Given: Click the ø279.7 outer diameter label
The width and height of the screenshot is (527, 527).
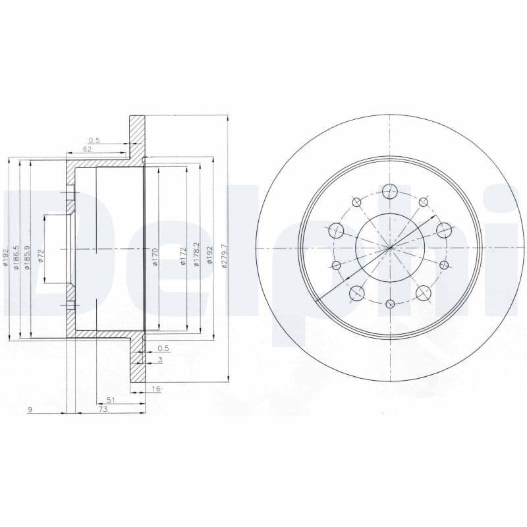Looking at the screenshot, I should (224, 255).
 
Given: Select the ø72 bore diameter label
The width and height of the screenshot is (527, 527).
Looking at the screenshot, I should (41, 255).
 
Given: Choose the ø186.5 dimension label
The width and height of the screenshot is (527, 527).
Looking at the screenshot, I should (17, 254).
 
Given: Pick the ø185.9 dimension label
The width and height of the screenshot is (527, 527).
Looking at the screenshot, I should (27, 254).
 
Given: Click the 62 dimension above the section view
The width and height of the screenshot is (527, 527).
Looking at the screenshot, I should (87, 150).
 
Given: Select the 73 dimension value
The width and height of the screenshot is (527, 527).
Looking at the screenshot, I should (103, 410).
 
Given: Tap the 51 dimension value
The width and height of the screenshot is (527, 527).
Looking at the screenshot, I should (111, 400).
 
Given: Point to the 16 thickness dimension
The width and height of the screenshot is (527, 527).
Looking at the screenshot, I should (157, 389).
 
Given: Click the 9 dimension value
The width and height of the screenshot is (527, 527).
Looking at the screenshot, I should (30, 410).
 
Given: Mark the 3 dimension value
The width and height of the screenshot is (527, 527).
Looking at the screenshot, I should (159, 360).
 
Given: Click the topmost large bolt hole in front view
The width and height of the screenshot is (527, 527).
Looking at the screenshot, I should (390, 192).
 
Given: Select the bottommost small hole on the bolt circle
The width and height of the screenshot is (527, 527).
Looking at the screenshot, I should (390, 304).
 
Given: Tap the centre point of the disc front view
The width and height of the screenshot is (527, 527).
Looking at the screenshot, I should (390, 248).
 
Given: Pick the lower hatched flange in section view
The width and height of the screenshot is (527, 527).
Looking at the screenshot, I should (137, 369).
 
